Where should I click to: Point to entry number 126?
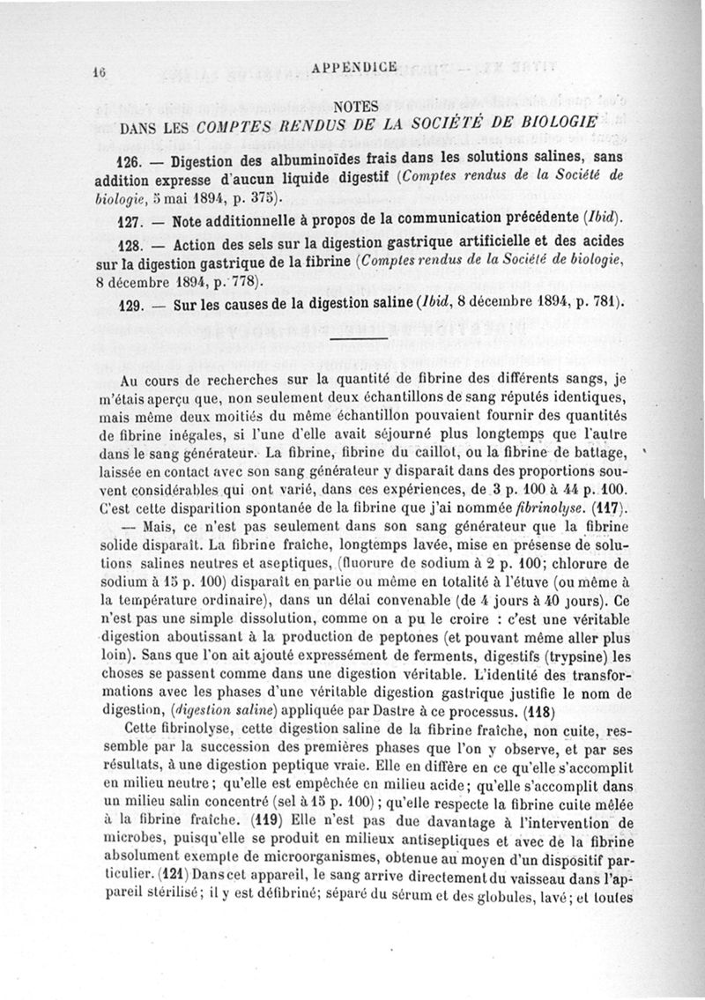[x=129, y=163]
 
